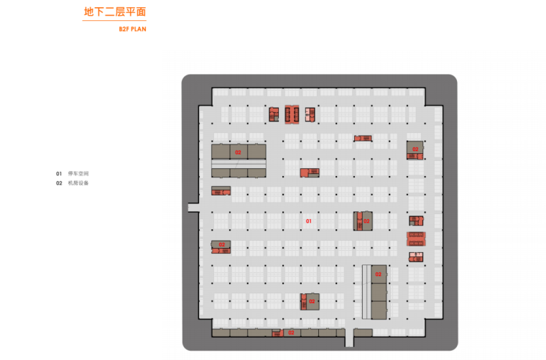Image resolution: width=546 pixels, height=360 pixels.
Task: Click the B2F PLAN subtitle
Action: pyautogui.click(x=132, y=29)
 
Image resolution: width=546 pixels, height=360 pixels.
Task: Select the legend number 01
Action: pyautogui.click(x=59, y=174)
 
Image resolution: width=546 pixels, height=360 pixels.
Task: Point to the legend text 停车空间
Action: pyautogui.click(x=78, y=174)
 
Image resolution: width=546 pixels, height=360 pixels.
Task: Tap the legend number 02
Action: pyautogui.click(x=59, y=183)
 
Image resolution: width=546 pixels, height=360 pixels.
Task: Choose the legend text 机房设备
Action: pyautogui.click(x=78, y=183)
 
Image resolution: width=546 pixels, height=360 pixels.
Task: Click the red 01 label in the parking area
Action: pyautogui.click(x=309, y=221)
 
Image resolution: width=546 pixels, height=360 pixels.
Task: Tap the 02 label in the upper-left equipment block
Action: pyautogui.click(x=238, y=152)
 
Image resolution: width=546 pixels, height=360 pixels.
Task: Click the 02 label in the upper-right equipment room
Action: pyautogui.click(x=415, y=149)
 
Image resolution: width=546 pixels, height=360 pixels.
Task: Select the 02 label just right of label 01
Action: pyautogui.click(x=366, y=221)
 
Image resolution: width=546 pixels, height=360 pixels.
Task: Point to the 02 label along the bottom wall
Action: pyautogui.click(x=291, y=333)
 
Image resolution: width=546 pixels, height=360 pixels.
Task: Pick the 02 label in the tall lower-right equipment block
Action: pyautogui.click(x=378, y=274)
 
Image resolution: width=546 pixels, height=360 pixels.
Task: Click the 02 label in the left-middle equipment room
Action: pyautogui.click(x=222, y=245)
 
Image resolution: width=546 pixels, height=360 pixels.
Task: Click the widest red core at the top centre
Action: pyautogui.click(x=292, y=114)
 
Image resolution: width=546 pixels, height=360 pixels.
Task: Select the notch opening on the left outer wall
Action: pyautogui.click(x=193, y=207)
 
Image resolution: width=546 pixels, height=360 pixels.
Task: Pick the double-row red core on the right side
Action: pyautogui.click(x=416, y=238)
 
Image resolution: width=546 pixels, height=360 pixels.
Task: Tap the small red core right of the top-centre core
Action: pyautogui.click(x=310, y=114)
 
